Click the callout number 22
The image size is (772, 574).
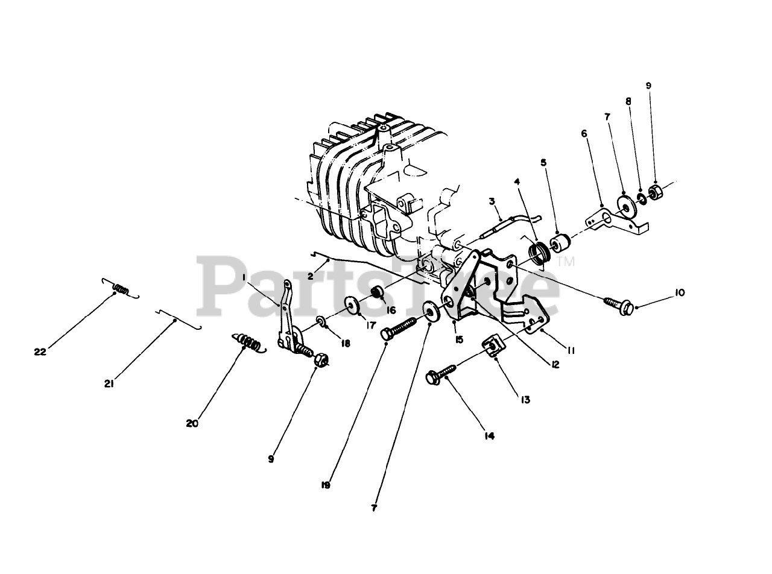point(40,352)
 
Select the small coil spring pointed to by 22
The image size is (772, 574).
point(121,289)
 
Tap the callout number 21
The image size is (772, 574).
point(109,383)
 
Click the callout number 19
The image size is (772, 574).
point(326,485)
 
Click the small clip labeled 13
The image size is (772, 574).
point(493,346)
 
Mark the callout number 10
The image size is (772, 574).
point(680,293)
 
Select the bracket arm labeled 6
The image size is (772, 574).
point(615,220)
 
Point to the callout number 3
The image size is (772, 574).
point(492,201)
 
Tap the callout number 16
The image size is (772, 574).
point(391,311)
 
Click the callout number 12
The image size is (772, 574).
point(554,364)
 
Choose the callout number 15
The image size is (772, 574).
point(460,339)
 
